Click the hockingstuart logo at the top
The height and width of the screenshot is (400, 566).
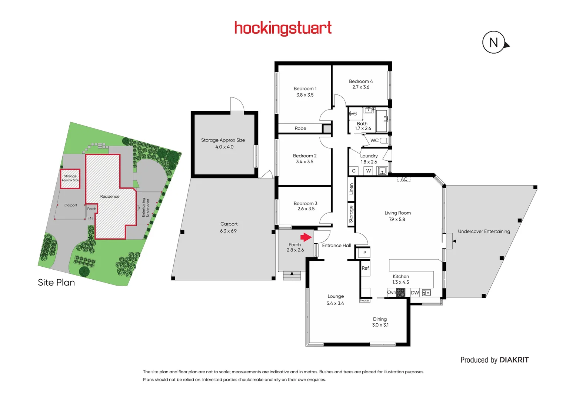[x=283, y=28]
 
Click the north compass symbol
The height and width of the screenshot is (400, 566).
[x=494, y=43]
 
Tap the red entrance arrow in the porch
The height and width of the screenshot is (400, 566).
[x=306, y=237]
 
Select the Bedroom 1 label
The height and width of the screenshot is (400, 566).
[x=305, y=89]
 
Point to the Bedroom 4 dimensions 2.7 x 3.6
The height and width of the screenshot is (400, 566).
[x=360, y=87]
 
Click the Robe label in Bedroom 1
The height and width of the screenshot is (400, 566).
[x=300, y=129]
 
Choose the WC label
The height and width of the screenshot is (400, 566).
[x=374, y=141]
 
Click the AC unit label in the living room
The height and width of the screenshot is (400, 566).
[x=404, y=179]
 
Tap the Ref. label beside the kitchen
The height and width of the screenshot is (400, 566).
[x=366, y=268]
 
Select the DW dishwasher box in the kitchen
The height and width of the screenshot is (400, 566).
[x=415, y=293]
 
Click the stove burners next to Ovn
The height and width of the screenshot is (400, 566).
[x=400, y=293]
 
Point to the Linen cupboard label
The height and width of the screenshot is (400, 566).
[x=351, y=189]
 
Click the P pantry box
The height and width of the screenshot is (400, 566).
[x=364, y=253]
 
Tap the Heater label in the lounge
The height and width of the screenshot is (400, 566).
[x=364, y=300]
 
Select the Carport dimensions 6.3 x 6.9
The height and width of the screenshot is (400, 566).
[x=228, y=231]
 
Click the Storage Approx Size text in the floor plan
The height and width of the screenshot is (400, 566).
[x=223, y=140]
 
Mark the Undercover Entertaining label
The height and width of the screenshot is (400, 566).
[x=484, y=231]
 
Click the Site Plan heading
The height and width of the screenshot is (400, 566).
[x=56, y=283]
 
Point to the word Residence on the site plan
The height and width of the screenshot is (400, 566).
[x=110, y=197]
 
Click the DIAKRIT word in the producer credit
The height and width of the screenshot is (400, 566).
[x=514, y=360]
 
